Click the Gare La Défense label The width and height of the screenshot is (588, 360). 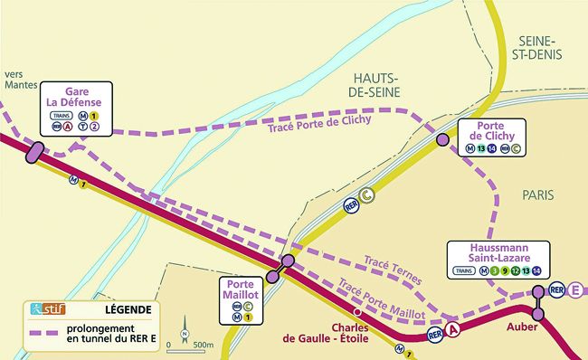[76, 98]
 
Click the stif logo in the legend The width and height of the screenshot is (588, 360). [42, 309]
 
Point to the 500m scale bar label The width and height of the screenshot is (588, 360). [204, 345]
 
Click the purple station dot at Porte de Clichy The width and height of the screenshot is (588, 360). [442, 141]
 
